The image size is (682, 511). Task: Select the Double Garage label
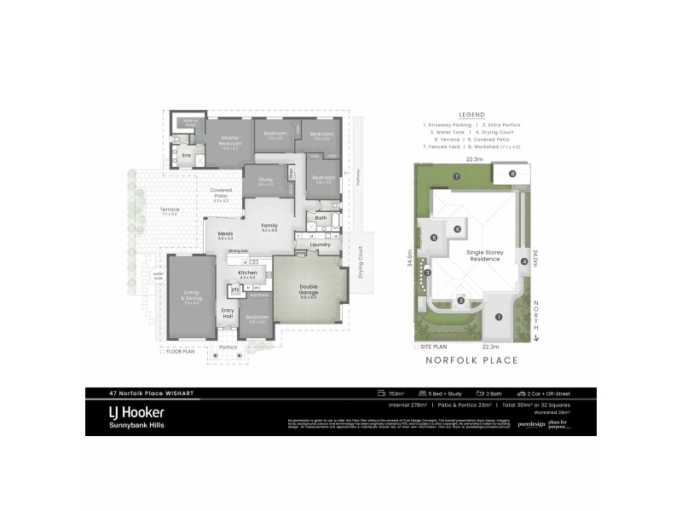click(308, 290)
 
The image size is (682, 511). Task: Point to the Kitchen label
click(247, 274)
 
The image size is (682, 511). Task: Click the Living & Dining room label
click(191, 296)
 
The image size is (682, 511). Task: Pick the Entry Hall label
click(228, 313)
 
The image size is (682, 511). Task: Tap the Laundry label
click(320, 244)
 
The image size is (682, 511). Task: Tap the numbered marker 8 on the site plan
click(513, 174)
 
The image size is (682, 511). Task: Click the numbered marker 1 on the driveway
click(500, 318)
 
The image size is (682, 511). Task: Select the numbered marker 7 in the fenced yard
click(457, 176)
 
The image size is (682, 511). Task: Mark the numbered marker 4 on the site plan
click(524, 261)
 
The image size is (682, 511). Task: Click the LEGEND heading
click(471, 114)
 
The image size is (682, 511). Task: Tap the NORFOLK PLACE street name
click(471, 361)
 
